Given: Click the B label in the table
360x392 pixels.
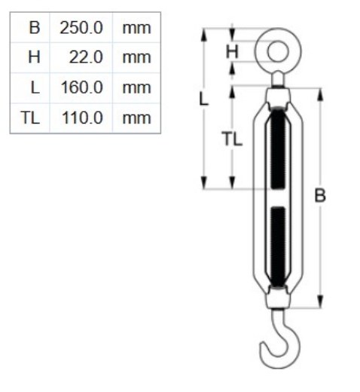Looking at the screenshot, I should (x=33, y=28).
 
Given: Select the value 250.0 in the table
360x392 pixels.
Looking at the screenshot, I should (x=81, y=28).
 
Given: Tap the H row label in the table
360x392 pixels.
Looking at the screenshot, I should (x=33, y=57).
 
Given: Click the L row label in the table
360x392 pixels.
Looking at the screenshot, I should (x=34, y=87).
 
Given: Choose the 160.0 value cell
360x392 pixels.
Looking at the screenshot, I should (x=81, y=87).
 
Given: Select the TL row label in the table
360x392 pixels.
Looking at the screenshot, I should (x=30, y=117).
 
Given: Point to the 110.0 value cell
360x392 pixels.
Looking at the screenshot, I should (x=81, y=117).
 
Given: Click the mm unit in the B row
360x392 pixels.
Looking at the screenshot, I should (x=136, y=28).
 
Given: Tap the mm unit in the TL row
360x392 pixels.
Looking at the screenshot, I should (x=136, y=117).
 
